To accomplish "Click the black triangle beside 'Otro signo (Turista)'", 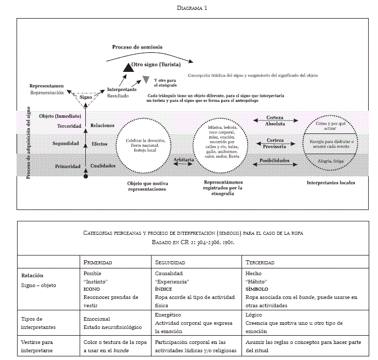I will pos(126,66).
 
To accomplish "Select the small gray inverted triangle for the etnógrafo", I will pos(146,80).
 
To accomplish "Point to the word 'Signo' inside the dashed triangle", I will pos(86,97).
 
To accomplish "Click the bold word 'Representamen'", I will pos(47,85).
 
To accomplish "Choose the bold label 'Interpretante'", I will pos(122,89).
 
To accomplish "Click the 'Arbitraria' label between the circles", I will pos(184,160).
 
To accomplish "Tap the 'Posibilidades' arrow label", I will pos(274,161).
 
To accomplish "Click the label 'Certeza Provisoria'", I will pos(275,143).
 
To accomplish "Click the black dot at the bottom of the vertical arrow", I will pos(86,177).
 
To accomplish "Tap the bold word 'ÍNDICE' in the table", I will pos(164,289).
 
